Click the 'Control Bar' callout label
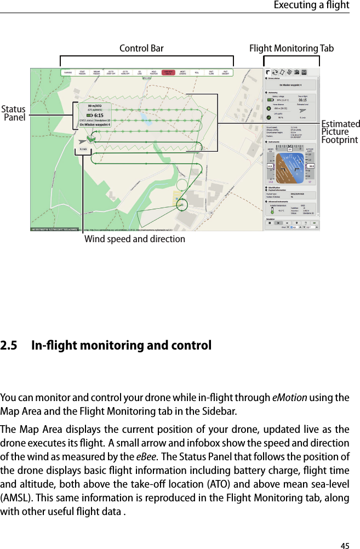[141, 49]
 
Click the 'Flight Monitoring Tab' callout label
[291, 49]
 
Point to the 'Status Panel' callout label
[14, 113]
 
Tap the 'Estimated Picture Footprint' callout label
[340, 132]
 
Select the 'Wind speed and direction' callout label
[134, 239]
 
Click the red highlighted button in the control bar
[169, 72]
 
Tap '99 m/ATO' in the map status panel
[95, 105]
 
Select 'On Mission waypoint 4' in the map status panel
[95, 124]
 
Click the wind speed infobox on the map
[85, 148]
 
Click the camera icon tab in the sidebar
[296, 72]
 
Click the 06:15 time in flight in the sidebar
[305, 100]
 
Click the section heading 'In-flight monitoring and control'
[121, 346]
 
